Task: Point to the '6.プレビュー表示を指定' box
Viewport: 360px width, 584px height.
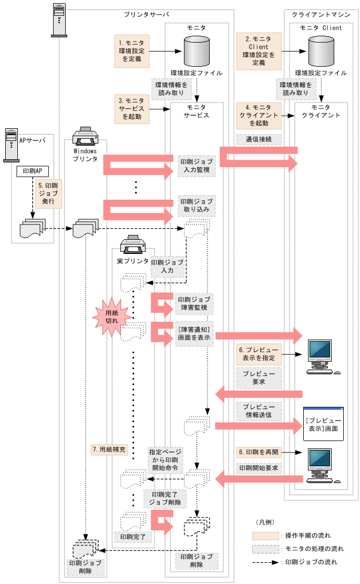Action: tap(259, 355)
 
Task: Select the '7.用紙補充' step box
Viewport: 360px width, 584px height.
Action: tap(109, 449)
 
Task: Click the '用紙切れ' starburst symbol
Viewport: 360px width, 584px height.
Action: tap(111, 317)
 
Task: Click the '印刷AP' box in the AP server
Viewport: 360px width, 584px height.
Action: tap(33, 171)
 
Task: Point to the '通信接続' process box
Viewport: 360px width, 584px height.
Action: tap(259, 140)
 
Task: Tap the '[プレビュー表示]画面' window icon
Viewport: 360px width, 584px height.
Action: tap(323, 424)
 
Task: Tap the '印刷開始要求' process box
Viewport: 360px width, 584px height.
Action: tap(259, 468)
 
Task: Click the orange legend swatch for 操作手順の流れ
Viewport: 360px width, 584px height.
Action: tap(265, 536)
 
